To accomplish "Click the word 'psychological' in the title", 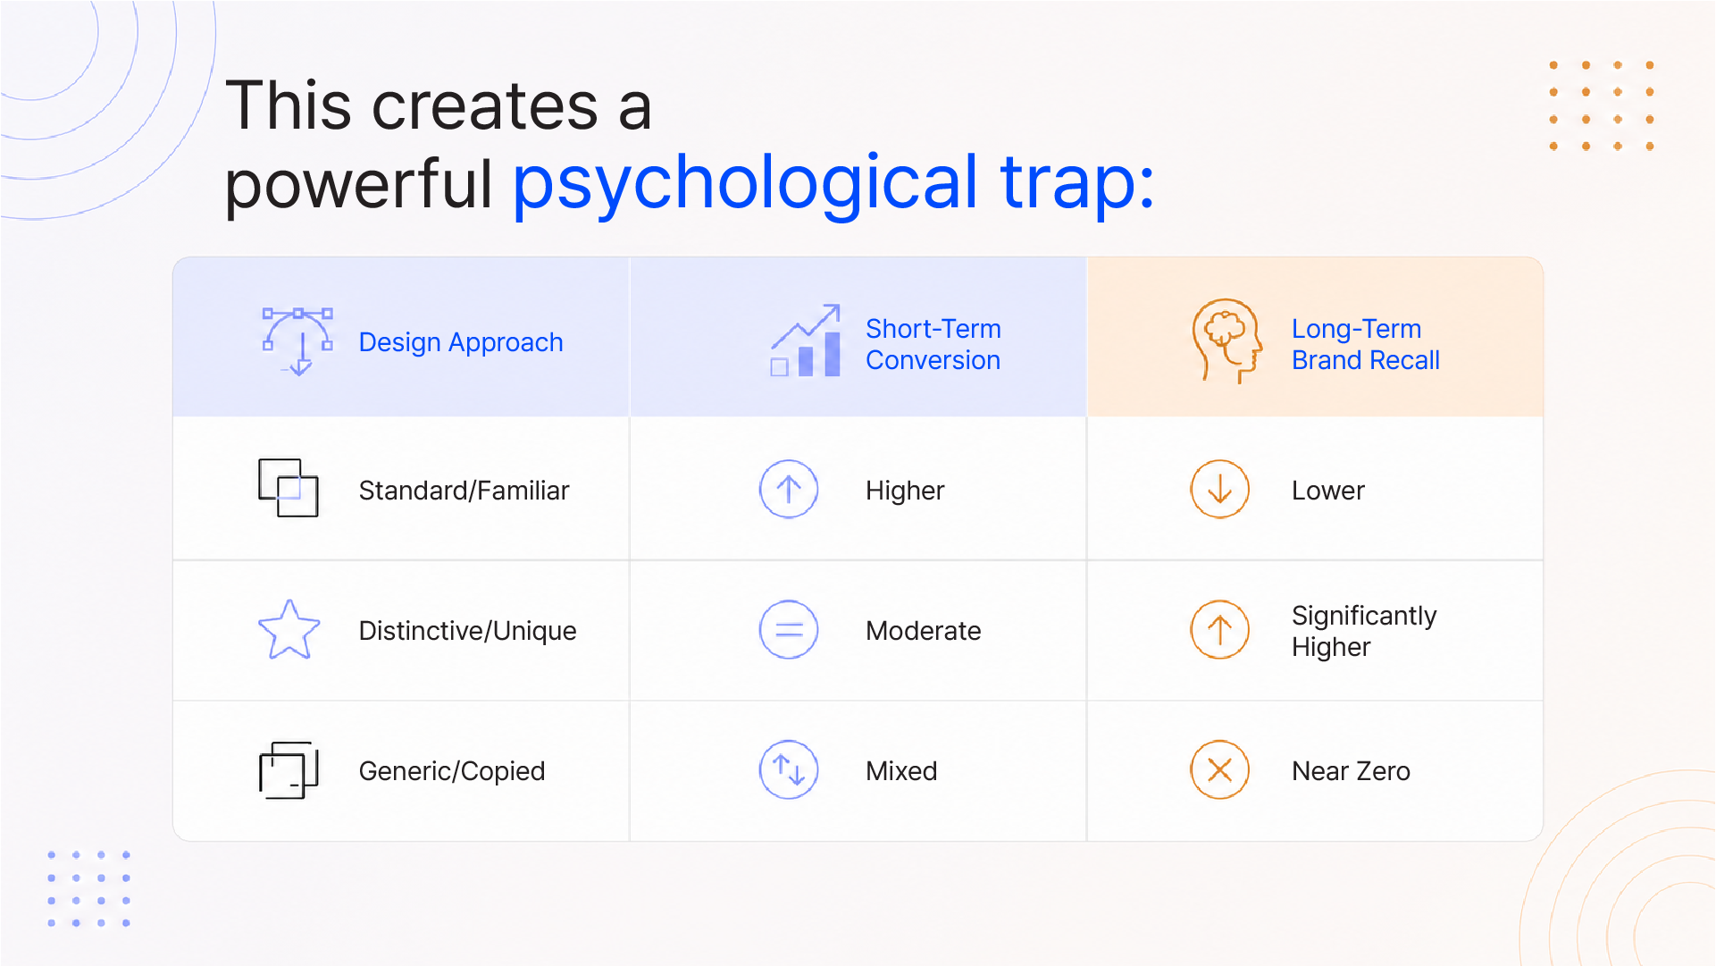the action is (x=746, y=184).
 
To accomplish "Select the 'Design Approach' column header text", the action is (x=461, y=342).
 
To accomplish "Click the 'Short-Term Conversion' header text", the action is (x=933, y=344).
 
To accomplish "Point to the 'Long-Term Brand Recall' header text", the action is (x=1366, y=344).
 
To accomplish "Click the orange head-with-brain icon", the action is (x=1227, y=340).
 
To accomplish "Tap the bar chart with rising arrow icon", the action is (x=806, y=340).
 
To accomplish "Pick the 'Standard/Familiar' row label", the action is (x=464, y=491).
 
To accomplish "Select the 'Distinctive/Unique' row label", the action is (x=467, y=631).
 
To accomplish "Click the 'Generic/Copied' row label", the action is (x=452, y=771).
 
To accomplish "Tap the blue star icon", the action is (x=289, y=630).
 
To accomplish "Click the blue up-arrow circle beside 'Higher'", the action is (x=789, y=490).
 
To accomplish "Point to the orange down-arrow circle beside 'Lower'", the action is (x=1220, y=490).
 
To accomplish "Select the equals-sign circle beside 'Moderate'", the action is (x=789, y=630).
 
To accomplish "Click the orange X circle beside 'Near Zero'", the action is (x=1220, y=770).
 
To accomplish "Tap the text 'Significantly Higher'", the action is (x=1364, y=631).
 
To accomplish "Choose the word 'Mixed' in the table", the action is (x=901, y=771).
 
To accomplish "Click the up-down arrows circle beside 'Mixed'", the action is (x=789, y=770).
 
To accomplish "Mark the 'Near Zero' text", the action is (x=1351, y=771).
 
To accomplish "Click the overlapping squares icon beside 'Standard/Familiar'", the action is (x=289, y=488).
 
